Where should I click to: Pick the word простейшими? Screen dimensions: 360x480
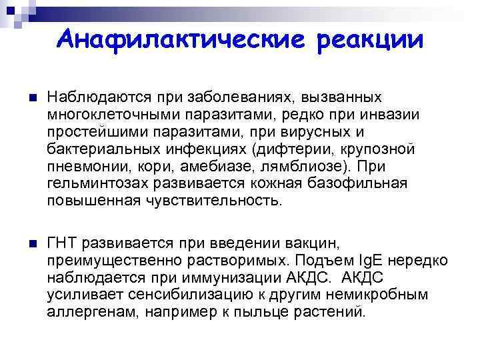[x=93, y=131]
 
